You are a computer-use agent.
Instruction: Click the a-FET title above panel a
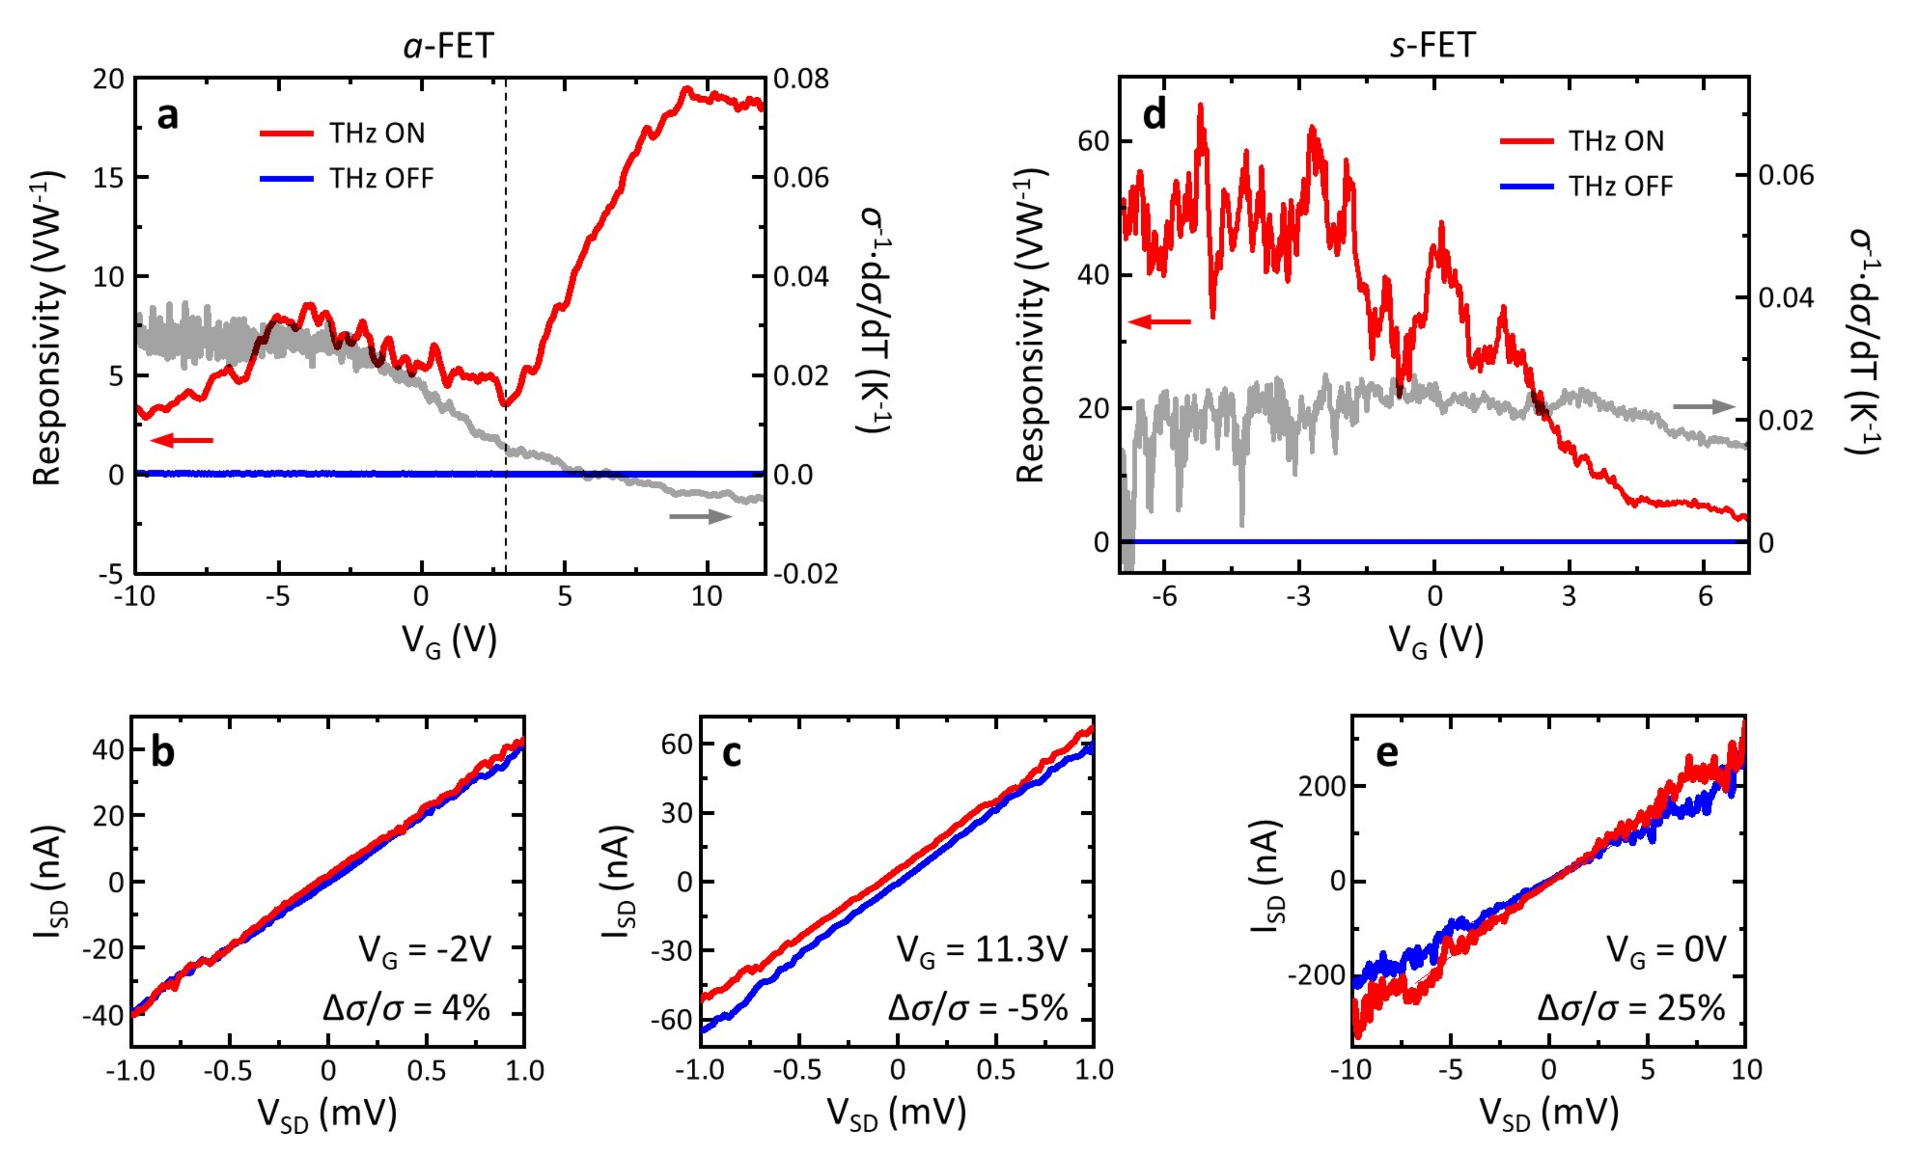(x=448, y=46)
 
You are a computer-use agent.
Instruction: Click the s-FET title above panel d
(x=1432, y=46)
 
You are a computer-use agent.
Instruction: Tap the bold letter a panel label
(x=167, y=117)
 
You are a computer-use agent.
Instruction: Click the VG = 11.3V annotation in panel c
(x=982, y=949)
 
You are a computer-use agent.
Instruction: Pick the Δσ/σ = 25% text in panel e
(x=1631, y=1008)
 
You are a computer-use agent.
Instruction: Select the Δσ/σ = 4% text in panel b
(x=406, y=1008)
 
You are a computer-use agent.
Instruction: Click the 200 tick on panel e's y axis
(x=1321, y=786)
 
